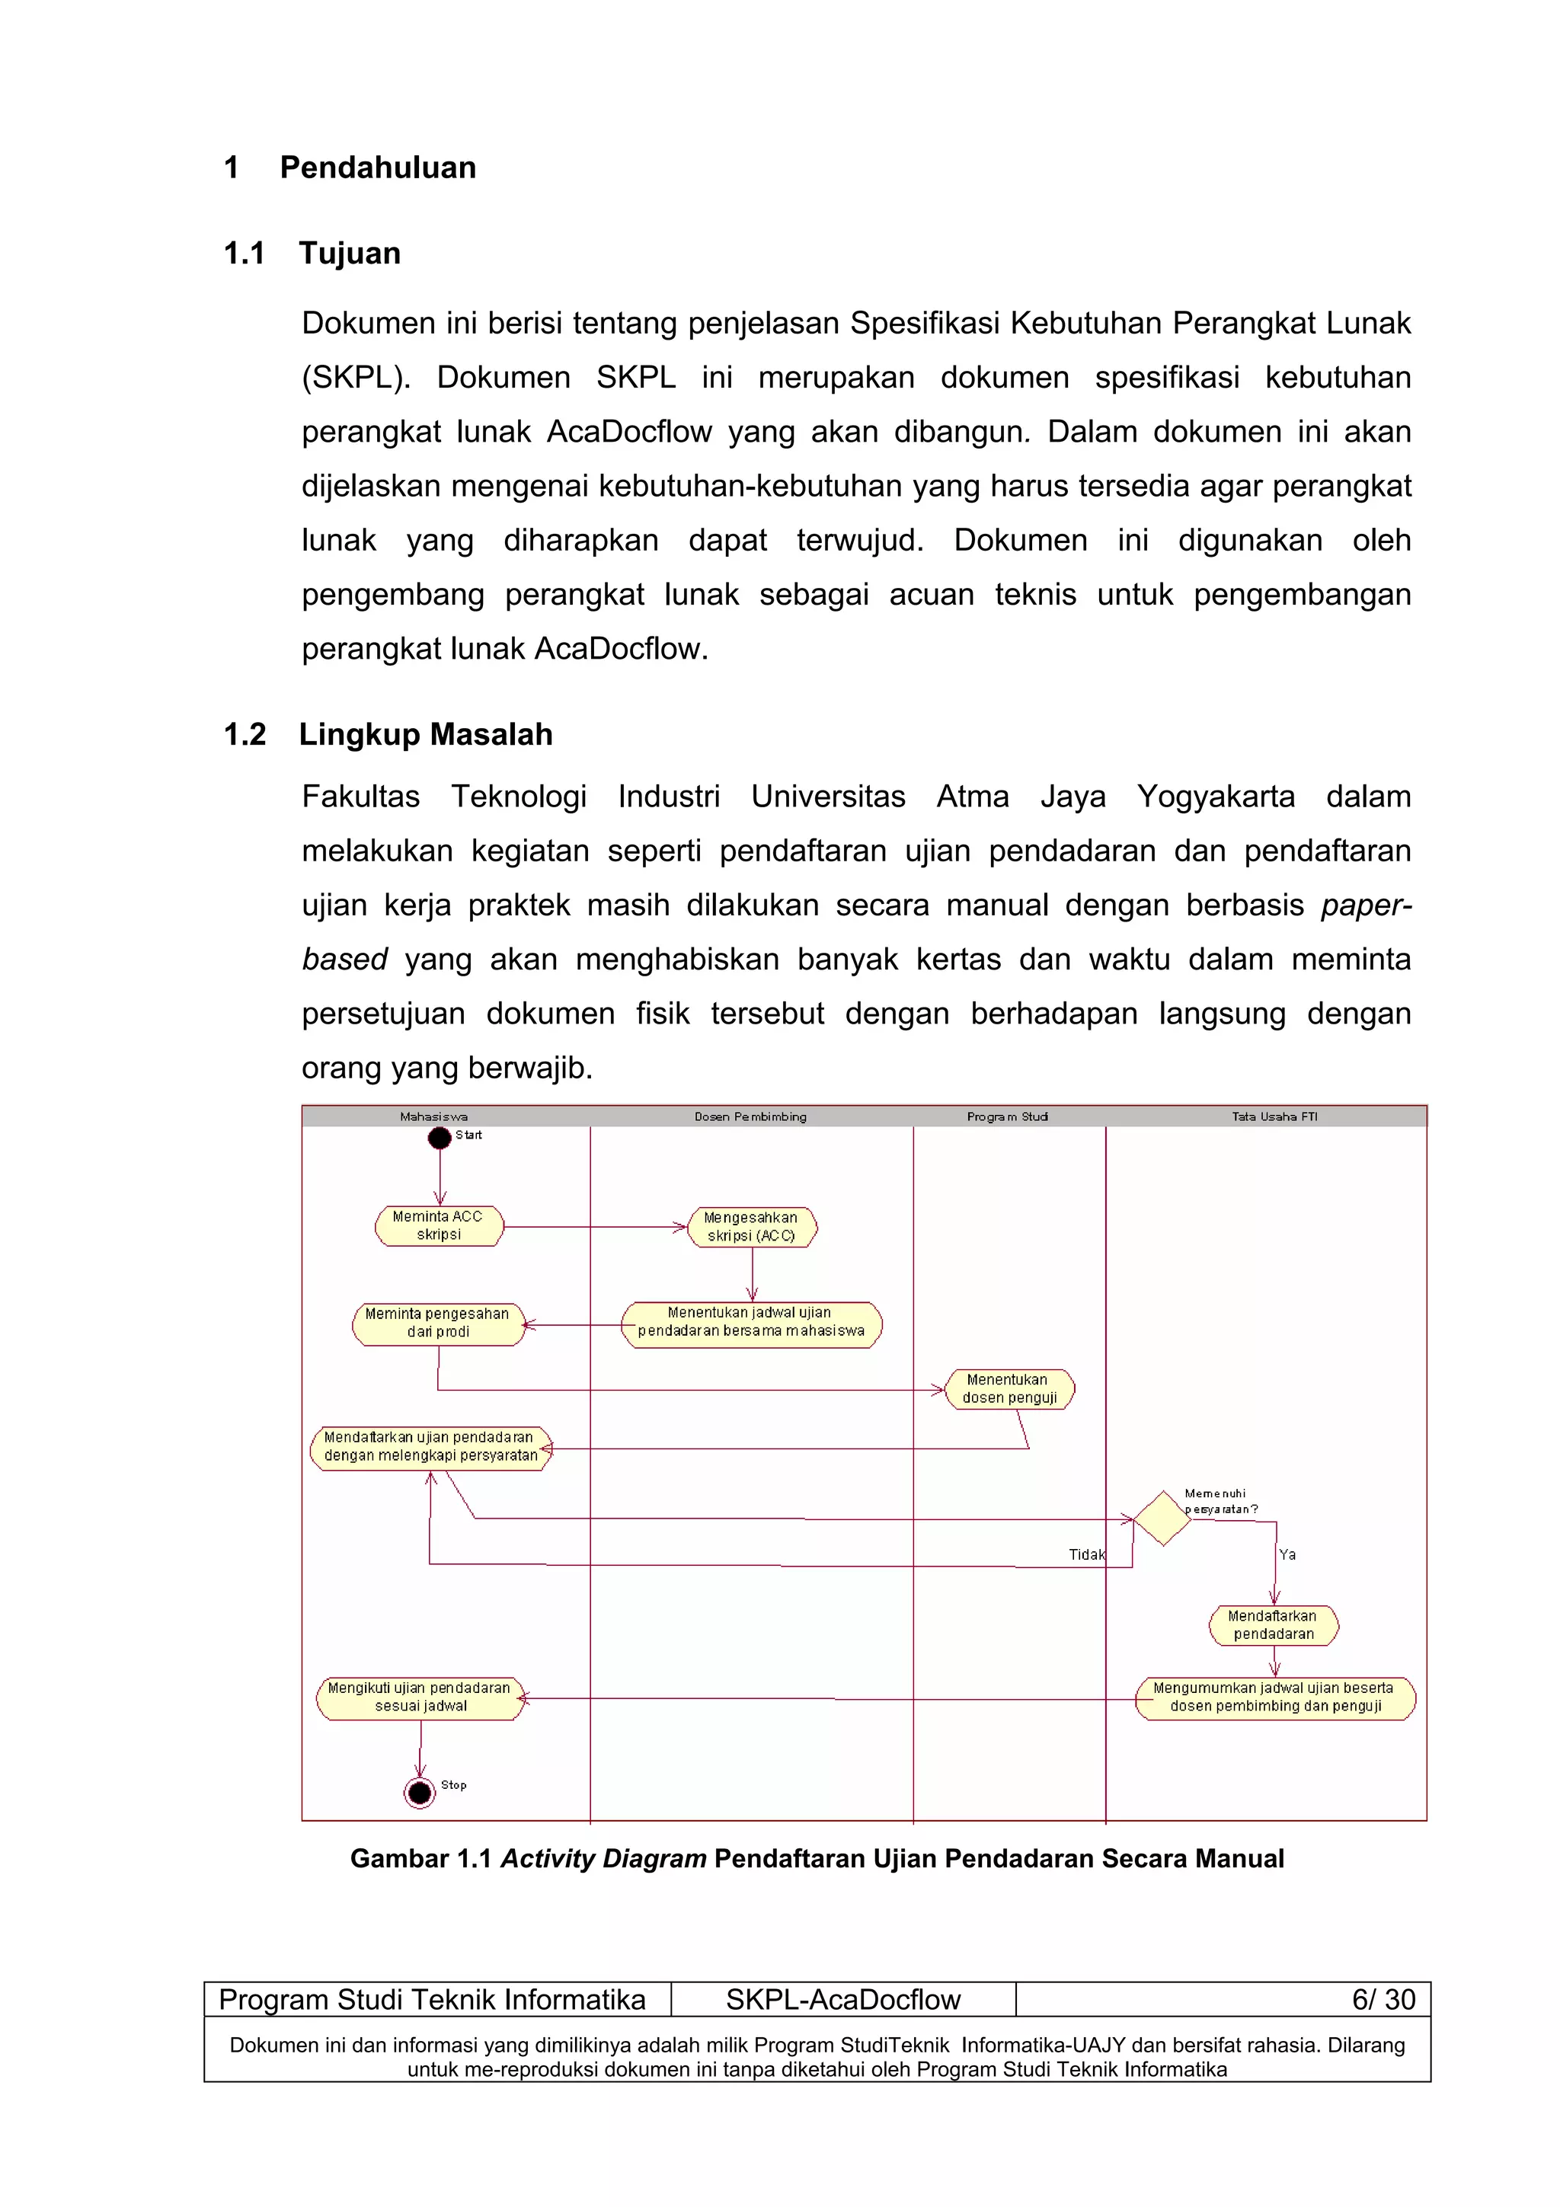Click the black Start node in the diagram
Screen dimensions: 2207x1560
click(440, 1138)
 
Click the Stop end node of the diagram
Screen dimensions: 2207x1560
click(420, 1792)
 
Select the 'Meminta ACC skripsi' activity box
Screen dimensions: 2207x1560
click(438, 1225)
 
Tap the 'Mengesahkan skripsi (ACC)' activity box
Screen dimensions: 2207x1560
click(752, 1228)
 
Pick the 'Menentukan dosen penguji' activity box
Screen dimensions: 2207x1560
click(1009, 1389)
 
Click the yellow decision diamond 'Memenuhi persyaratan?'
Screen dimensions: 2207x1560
click(1162, 1519)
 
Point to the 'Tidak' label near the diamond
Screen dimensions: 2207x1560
click(1087, 1554)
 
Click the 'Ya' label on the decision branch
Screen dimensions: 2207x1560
click(1287, 1554)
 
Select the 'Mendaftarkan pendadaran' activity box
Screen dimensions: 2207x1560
click(1274, 1625)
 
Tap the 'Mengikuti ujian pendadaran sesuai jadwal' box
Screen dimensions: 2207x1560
click(420, 1698)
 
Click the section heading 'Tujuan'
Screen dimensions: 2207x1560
click(349, 254)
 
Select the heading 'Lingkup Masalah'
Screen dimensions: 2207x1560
click(425, 734)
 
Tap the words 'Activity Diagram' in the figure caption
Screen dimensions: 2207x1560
click(603, 1859)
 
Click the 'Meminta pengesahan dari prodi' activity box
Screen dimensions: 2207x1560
click(438, 1324)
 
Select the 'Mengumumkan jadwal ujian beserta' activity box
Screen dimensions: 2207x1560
click(1274, 1698)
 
